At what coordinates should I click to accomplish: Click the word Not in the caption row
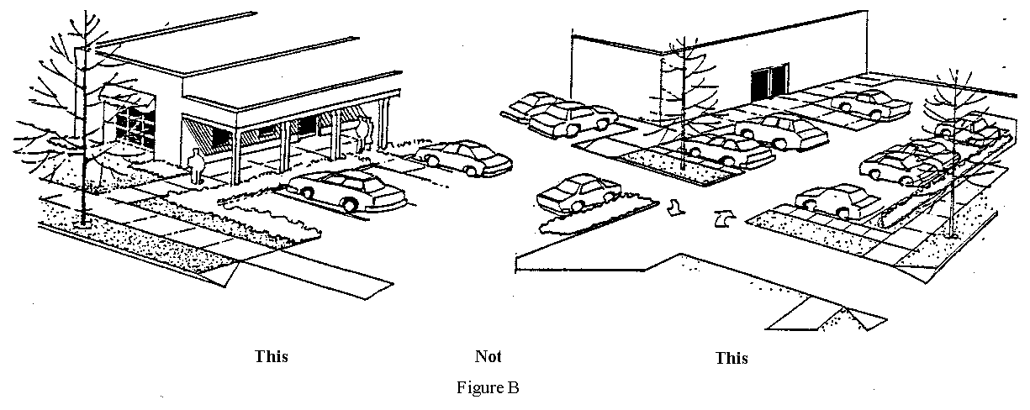488,356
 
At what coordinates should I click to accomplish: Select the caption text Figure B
488,388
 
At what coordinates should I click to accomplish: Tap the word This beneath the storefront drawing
272,356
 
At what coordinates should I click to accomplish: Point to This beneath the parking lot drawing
731,358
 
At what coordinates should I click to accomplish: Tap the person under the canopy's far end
362,134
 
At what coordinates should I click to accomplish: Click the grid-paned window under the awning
126,126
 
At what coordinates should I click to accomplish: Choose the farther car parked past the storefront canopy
464,157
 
